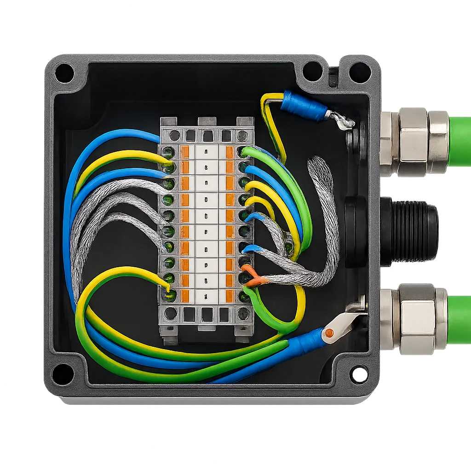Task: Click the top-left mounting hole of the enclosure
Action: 64,73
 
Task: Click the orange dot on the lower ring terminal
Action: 328,333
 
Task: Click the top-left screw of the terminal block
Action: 174,135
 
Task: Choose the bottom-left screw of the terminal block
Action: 171,314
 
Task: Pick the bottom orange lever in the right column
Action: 230,295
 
